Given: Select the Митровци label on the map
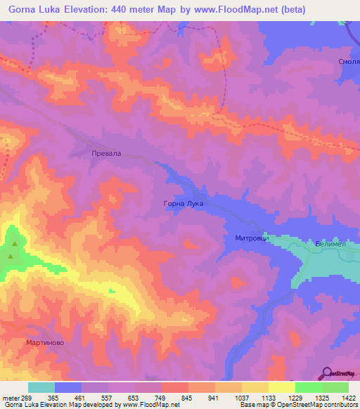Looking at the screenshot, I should tap(243, 238).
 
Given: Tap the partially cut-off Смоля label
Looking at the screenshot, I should tap(349, 62).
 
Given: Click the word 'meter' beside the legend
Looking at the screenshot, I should tap(11, 397).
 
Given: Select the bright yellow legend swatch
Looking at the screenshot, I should tap(281, 387).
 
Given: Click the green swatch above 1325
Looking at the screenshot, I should tap(308, 387).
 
